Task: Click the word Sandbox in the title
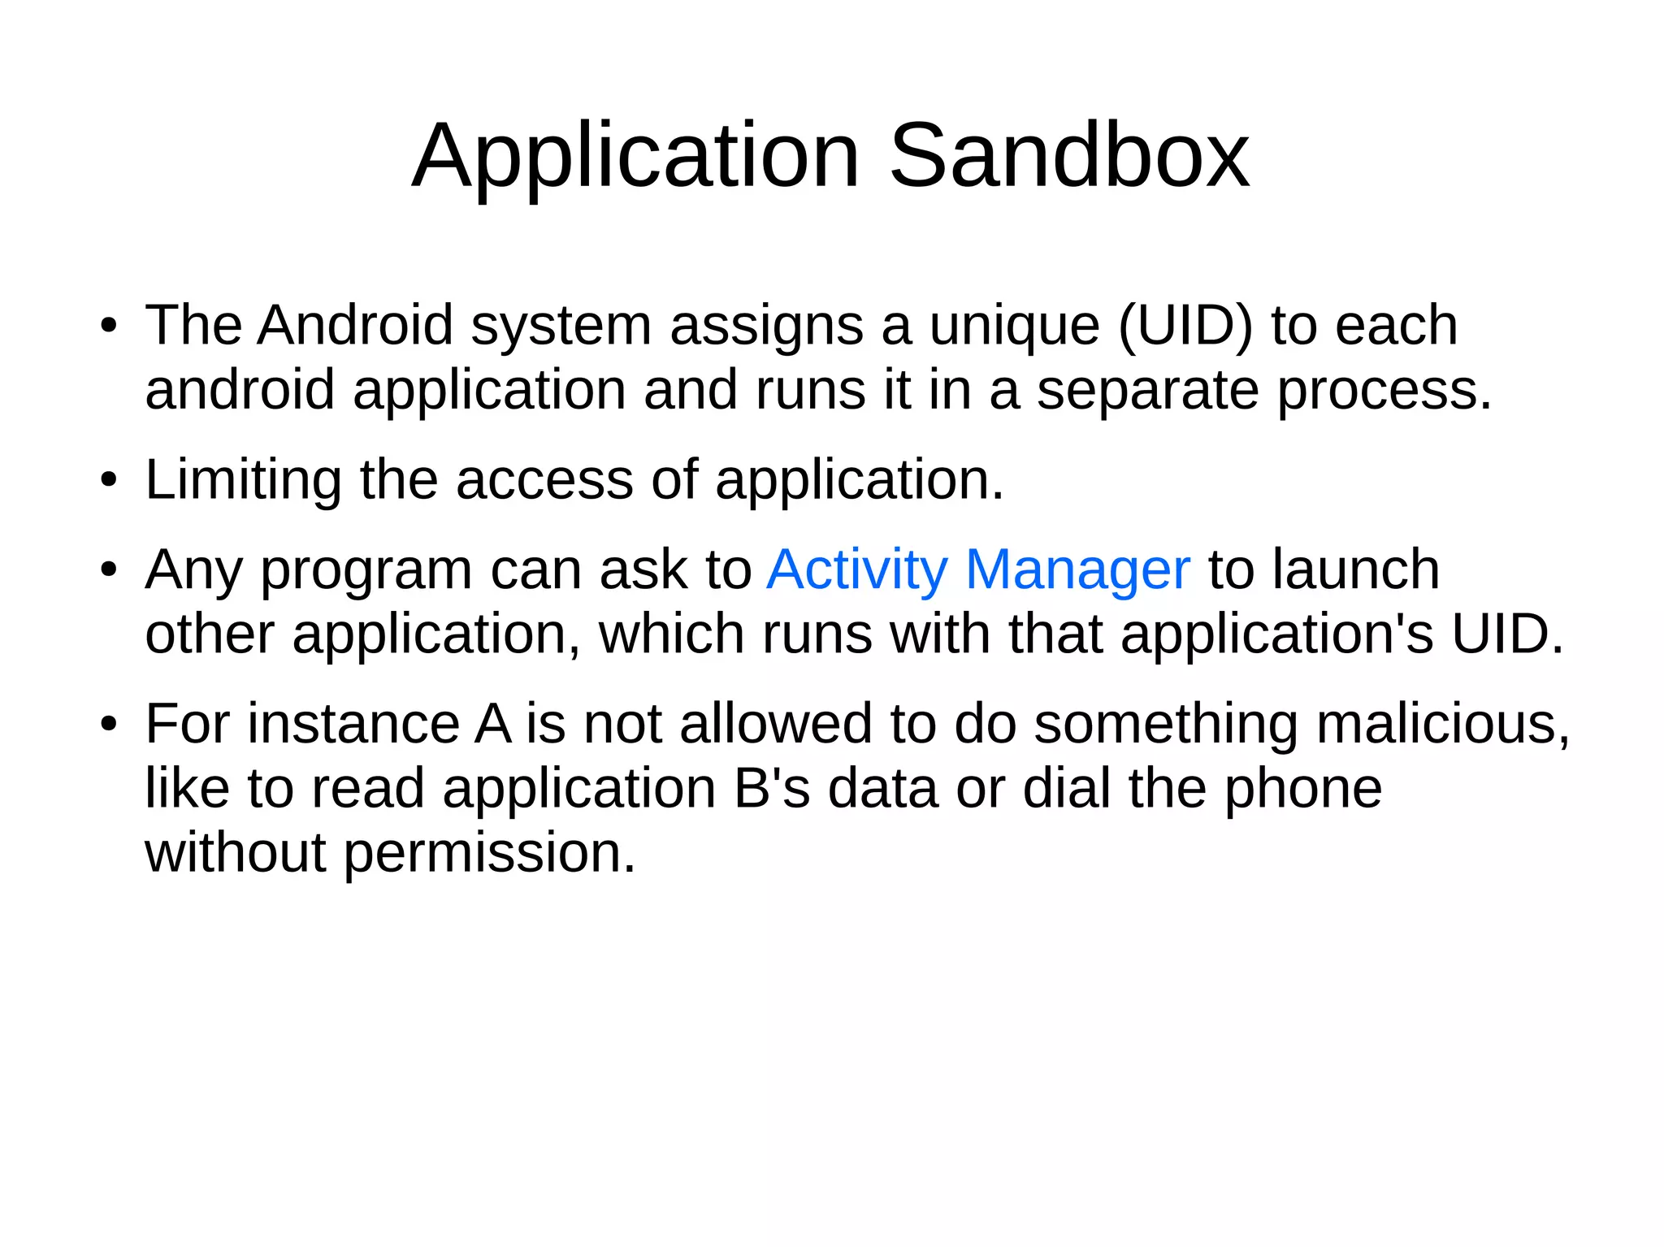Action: tap(1068, 155)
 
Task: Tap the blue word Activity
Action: tap(857, 571)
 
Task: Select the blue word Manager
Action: tap(1078, 571)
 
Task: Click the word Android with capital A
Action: tap(355, 326)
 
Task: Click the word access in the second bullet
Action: tap(544, 480)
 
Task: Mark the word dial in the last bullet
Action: tap(1066, 789)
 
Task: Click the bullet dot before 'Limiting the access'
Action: tap(109, 481)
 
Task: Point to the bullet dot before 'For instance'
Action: tap(109, 725)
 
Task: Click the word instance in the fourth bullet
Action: tap(353, 724)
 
